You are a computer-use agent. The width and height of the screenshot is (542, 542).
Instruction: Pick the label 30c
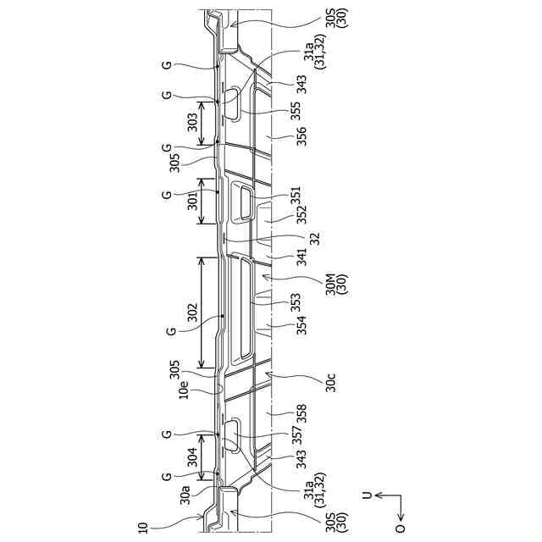pyautogui.click(x=330, y=383)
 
